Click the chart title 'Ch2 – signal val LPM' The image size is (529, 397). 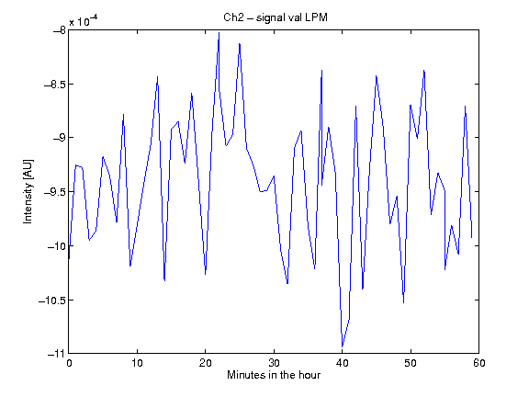[276, 17]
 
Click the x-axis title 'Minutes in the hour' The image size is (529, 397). [274, 375]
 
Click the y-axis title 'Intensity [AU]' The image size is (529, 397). [28, 191]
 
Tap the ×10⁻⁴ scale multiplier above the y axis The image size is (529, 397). [84, 21]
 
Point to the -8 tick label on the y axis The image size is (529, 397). [60, 30]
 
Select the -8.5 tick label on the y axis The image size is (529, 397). [55, 84]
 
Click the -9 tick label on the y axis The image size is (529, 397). [60, 138]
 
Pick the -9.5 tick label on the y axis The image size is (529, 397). [55, 192]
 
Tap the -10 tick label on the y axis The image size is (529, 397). [57, 246]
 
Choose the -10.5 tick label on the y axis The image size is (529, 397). [52, 301]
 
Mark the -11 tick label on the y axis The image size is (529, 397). [57, 354]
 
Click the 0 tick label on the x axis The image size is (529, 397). [69, 363]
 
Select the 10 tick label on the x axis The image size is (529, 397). [138, 363]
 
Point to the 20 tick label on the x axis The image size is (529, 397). [206, 363]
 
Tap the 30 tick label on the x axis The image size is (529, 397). [274, 363]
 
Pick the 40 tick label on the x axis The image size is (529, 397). [342, 363]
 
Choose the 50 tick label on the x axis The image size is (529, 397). [411, 363]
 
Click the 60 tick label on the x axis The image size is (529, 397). [479, 363]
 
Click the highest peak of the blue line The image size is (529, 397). [219, 33]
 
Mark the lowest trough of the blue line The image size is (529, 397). [342, 346]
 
